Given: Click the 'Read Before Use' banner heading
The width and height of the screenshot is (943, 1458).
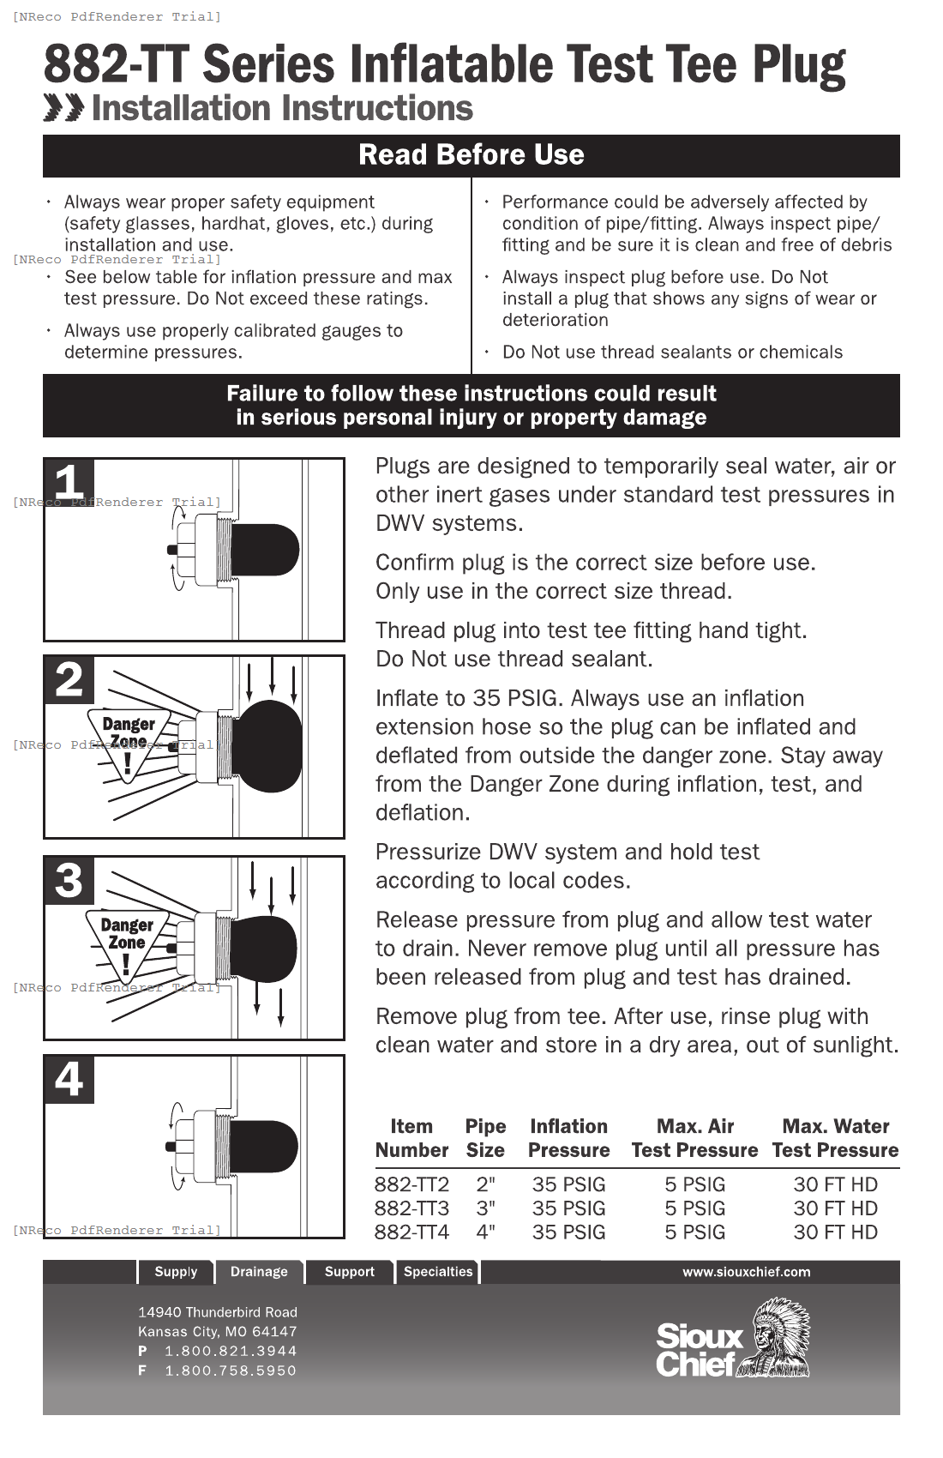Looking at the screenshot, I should [471, 155].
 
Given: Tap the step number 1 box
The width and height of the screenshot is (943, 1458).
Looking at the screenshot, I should [69, 482].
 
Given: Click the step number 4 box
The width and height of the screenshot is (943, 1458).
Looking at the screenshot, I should [69, 1079].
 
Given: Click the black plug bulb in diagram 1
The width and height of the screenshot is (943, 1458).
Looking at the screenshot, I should [264, 550].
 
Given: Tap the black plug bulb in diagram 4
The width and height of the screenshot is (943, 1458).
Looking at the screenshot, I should [263, 1147].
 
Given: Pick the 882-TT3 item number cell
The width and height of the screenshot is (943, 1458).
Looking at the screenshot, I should [411, 1208].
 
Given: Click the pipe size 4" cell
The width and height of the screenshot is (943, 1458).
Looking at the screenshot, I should [485, 1232].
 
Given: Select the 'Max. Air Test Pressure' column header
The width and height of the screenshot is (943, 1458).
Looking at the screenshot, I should [694, 1138].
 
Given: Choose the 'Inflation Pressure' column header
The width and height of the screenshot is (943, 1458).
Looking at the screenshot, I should [568, 1138].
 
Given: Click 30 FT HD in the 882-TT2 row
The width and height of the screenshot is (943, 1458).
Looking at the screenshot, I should [835, 1184].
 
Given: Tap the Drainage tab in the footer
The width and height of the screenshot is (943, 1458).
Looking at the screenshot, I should [259, 1272].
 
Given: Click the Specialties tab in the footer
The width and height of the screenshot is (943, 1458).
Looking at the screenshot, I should [438, 1272].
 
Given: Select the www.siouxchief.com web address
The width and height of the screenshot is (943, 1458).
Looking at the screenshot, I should [746, 1272].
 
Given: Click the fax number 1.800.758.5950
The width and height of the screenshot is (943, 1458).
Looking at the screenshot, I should [230, 1371].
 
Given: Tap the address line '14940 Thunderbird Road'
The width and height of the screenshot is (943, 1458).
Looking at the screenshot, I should [218, 1312].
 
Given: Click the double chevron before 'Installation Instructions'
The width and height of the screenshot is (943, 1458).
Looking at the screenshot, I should [63, 109].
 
